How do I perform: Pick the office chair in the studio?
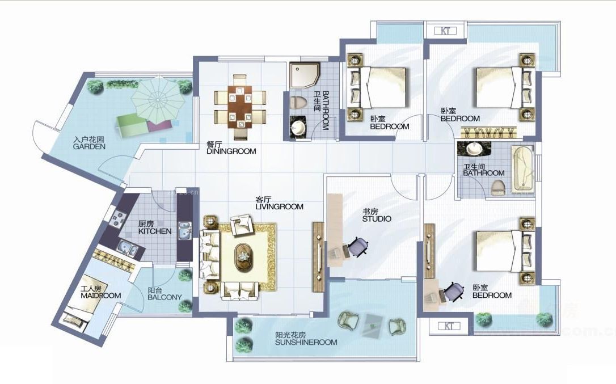(x=358, y=247)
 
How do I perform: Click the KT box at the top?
(x=445, y=31)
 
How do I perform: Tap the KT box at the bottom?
(x=449, y=326)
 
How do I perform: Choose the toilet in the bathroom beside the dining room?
(x=298, y=103)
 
